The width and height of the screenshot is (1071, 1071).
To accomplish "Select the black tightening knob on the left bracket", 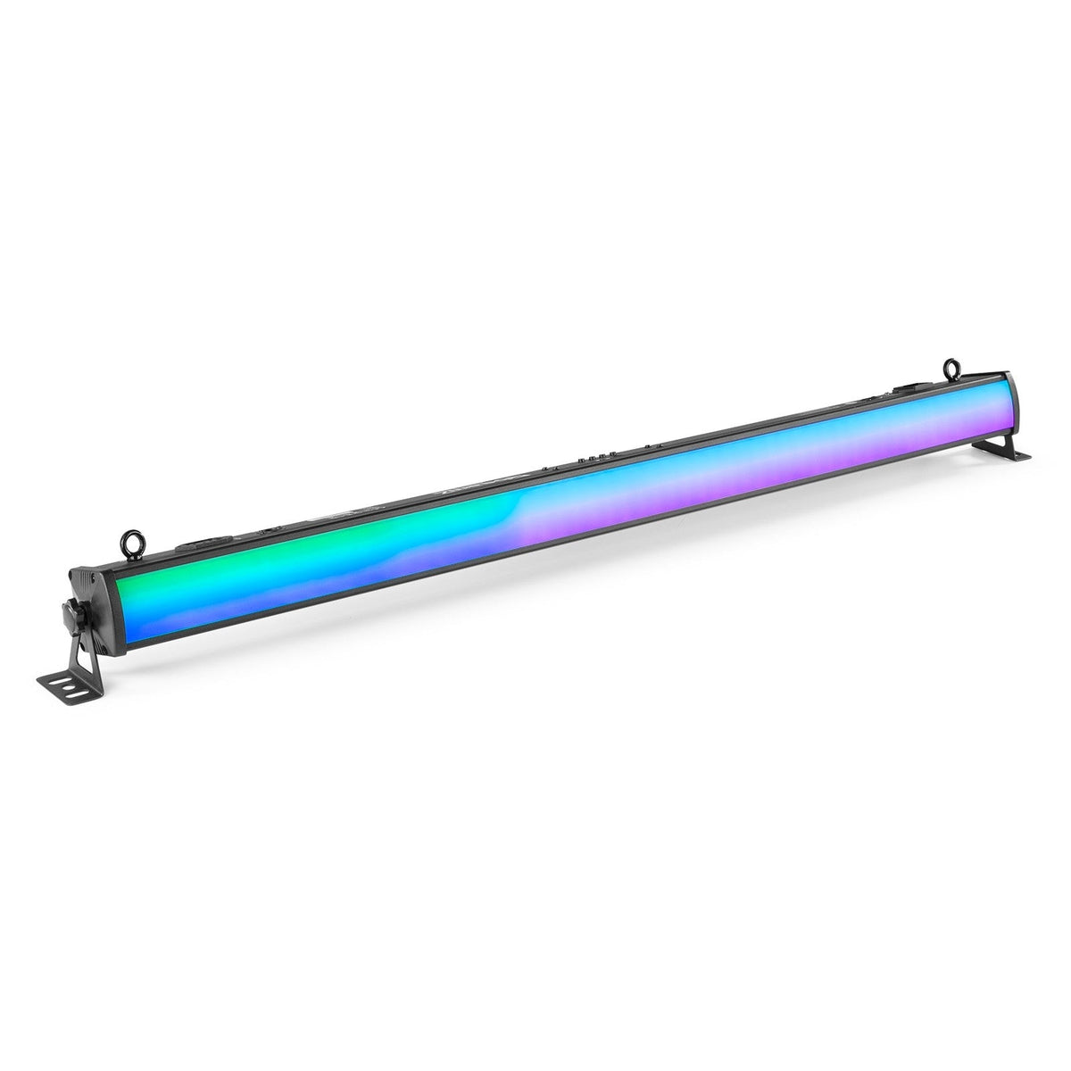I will (69, 618).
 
